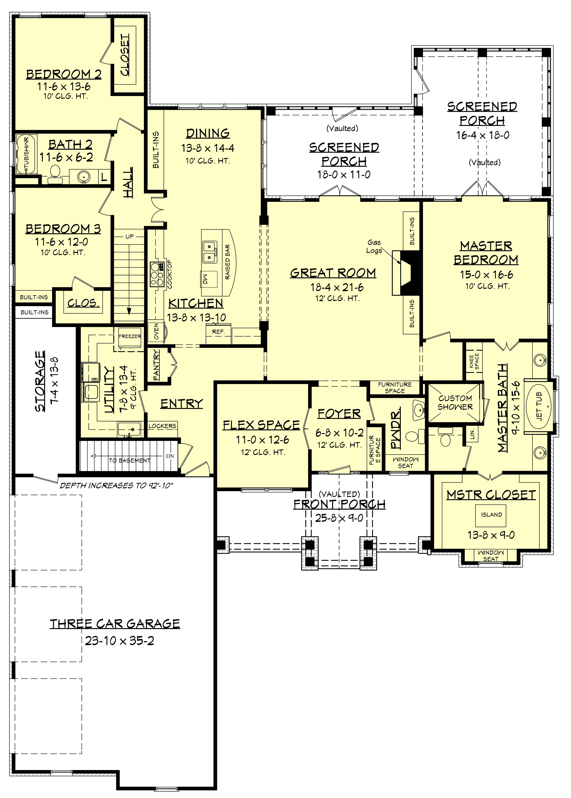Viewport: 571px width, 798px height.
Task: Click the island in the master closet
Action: tap(491, 515)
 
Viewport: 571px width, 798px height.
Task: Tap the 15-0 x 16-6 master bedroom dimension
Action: tap(486, 275)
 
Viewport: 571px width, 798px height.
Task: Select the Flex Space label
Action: tap(261, 425)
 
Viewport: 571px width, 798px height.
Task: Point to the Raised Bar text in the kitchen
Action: tap(228, 262)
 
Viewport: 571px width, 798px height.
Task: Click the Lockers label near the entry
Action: tap(162, 426)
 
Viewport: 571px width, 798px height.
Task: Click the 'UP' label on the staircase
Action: tap(129, 237)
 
